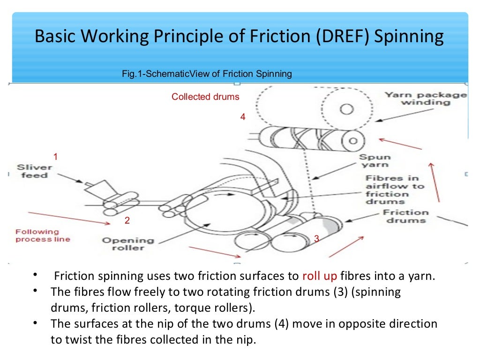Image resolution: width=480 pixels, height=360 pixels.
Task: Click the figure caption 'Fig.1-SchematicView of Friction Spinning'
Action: click(207, 74)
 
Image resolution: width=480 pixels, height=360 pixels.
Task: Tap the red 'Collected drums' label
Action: click(205, 97)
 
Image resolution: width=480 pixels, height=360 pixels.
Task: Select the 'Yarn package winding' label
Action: click(426, 98)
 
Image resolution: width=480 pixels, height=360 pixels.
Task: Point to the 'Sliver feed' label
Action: click(34, 171)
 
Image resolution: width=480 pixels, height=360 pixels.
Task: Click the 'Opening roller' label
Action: click(128, 244)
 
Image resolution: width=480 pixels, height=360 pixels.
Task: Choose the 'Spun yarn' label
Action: click(375, 161)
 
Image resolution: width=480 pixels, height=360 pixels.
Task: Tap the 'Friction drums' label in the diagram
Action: click(405, 216)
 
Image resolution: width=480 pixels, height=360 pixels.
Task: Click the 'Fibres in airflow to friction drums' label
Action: click(394, 190)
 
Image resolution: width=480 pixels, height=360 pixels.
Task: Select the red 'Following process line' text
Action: click(43, 235)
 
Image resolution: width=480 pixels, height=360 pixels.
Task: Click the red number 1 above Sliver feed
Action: click(56, 157)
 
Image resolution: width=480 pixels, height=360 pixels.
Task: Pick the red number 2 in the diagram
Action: click(127, 220)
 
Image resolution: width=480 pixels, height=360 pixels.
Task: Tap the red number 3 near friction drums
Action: click(316, 239)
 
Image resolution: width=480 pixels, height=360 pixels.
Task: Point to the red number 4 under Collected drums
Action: click(243, 117)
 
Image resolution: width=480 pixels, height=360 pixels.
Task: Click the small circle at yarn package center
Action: click(346, 109)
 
